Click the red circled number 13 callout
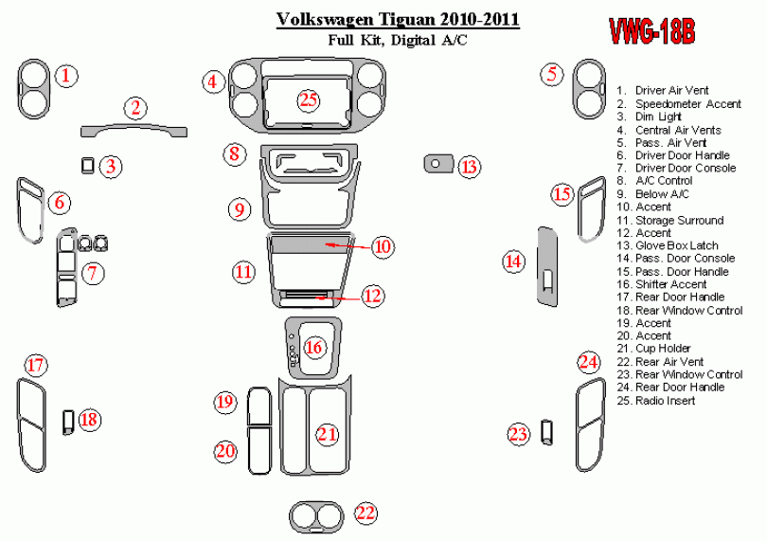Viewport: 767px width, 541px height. (x=470, y=167)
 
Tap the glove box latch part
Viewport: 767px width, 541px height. (x=438, y=164)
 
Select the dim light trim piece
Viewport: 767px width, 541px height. (x=87, y=166)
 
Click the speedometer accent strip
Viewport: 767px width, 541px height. (x=134, y=131)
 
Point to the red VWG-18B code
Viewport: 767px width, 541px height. (x=651, y=32)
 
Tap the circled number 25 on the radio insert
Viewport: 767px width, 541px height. (x=309, y=99)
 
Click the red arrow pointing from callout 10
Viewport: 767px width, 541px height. (x=348, y=245)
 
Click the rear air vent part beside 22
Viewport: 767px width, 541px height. (x=316, y=516)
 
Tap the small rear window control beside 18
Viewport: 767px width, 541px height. (x=68, y=422)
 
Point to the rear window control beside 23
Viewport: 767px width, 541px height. (x=547, y=432)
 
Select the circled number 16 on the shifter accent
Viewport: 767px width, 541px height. (x=313, y=348)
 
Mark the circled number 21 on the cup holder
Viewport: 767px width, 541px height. (x=328, y=434)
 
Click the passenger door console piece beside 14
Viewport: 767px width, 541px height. (x=547, y=266)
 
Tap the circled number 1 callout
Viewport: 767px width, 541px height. (x=66, y=76)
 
